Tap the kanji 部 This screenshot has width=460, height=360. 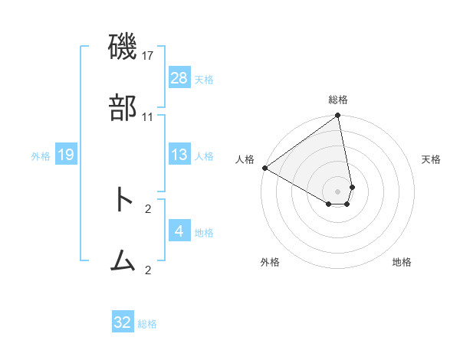point(123,110)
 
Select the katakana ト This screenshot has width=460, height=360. point(123,201)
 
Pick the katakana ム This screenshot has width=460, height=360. point(123,262)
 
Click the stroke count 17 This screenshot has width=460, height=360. point(148,56)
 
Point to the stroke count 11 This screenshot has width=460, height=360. point(148,117)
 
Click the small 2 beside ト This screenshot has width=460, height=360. point(148,208)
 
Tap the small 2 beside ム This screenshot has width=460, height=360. point(148,270)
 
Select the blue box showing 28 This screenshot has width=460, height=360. point(179,78)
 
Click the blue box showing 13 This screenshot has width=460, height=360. point(179,155)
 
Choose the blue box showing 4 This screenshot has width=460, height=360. point(179,231)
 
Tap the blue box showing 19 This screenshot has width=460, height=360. point(66,155)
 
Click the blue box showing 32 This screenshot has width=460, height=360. point(123,322)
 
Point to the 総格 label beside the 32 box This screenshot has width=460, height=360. point(147,324)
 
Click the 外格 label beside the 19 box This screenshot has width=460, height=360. point(41,156)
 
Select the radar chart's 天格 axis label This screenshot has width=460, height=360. point(432,159)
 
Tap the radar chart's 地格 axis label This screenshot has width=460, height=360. point(402,262)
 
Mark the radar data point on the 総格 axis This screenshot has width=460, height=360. point(338,116)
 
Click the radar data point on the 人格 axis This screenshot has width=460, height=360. point(264,168)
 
